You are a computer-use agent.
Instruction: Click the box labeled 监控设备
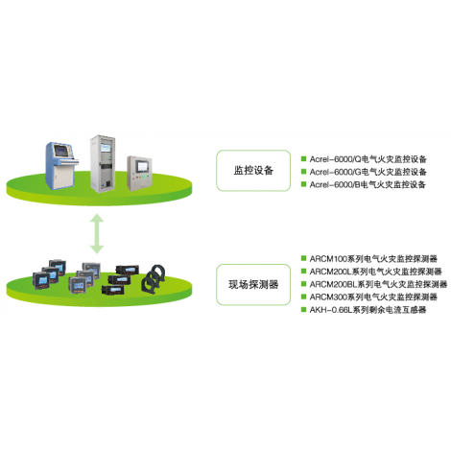[253, 171]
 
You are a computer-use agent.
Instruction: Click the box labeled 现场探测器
[253, 284]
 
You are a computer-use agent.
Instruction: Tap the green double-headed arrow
[97, 233]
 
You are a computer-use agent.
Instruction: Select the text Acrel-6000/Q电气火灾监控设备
[368, 159]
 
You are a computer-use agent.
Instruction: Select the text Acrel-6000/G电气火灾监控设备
[368, 172]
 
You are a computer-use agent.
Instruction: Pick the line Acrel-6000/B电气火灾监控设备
[368, 184]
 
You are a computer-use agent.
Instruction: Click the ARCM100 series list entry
[373, 258]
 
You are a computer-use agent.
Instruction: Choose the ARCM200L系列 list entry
[375, 272]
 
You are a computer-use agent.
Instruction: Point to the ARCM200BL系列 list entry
[378, 284]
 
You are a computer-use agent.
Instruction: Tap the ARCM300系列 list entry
[373, 297]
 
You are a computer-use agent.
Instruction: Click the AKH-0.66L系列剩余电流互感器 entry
[368, 310]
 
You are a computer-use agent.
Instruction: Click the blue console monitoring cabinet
[60, 165]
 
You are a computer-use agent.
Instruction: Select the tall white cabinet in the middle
[103, 164]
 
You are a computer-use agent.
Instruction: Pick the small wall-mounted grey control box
[139, 173]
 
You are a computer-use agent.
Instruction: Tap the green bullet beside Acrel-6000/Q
[304, 158]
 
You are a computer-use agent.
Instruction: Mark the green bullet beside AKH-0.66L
[304, 309]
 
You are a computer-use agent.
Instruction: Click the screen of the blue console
[61, 150]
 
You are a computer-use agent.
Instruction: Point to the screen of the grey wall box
[141, 167]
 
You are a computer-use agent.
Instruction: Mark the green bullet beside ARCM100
[304, 258]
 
